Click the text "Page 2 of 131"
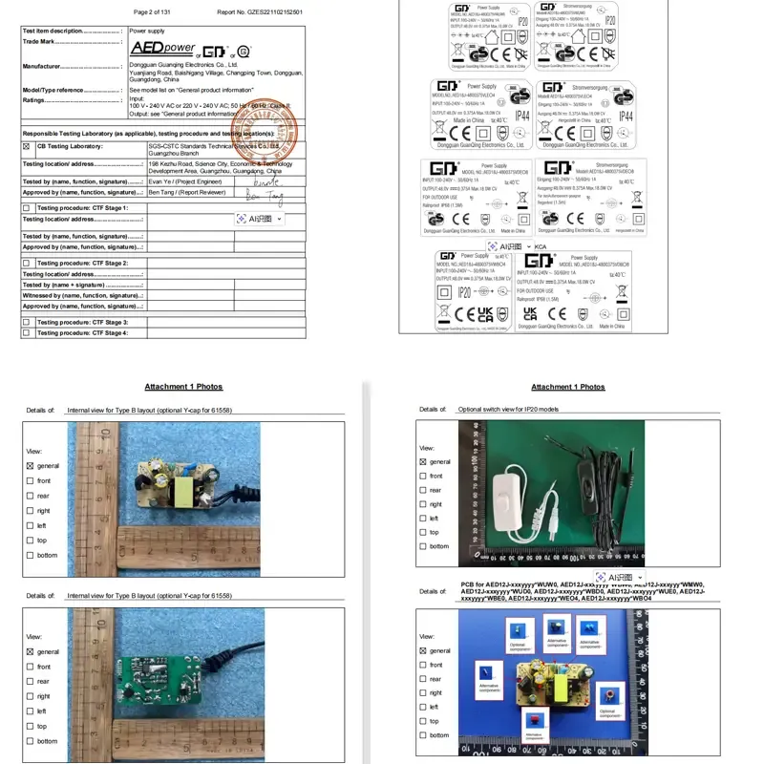(x=155, y=12)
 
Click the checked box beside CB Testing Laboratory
(x=27, y=146)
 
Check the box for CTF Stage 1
(x=27, y=207)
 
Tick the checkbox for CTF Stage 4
(x=27, y=332)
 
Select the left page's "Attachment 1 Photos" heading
(x=183, y=387)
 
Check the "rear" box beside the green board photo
(x=30, y=681)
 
